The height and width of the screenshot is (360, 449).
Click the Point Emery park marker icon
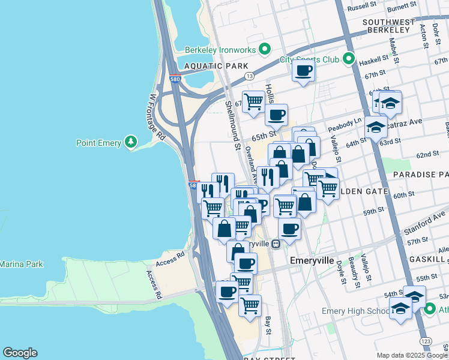130,142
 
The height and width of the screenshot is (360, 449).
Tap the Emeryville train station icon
276,244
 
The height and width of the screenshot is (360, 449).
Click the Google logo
20,353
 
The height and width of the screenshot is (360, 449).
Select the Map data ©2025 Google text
412,355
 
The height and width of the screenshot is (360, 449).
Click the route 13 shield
249,76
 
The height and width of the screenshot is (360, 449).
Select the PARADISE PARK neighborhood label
421,174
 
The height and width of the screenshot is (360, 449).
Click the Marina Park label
21,264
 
